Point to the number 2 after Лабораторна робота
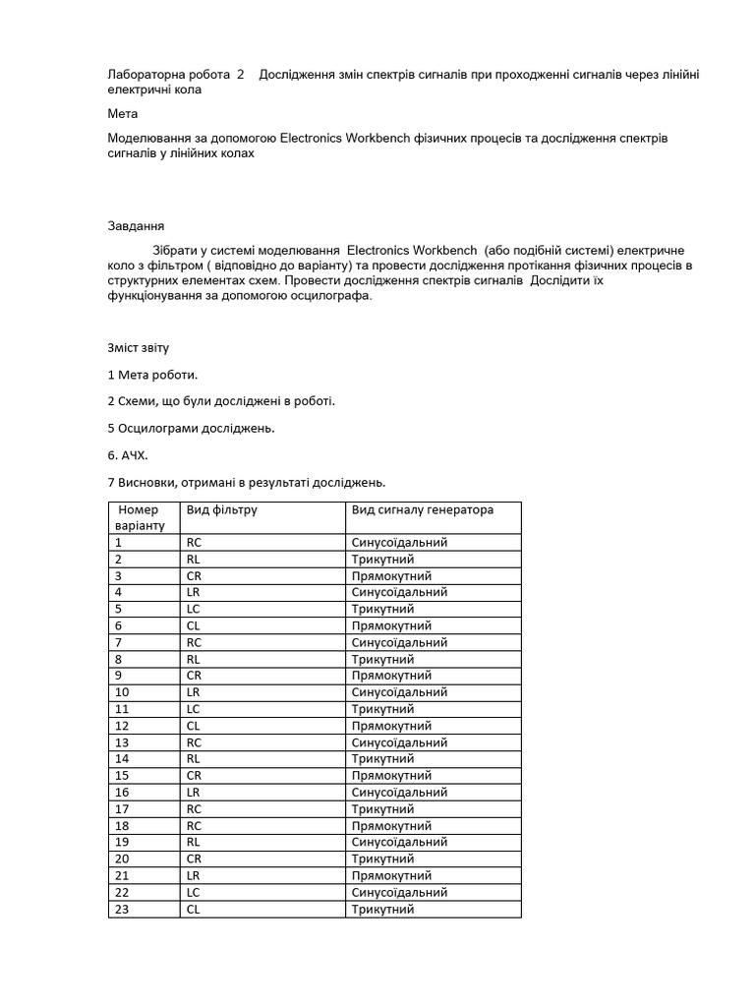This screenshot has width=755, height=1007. point(241,75)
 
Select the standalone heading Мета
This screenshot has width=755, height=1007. point(123,114)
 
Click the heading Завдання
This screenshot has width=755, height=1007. point(136,225)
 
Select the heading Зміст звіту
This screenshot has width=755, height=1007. point(145,348)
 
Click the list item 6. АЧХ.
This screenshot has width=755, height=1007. point(126,455)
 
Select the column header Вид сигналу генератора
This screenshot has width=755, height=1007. point(423,510)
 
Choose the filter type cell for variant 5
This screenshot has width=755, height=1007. point(194,609)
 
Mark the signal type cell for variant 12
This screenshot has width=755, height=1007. point(391,726)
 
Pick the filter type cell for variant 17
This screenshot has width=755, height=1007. point(194,809)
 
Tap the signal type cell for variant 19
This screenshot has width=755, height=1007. point(399,843)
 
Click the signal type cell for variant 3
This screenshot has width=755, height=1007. point(391,576)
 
